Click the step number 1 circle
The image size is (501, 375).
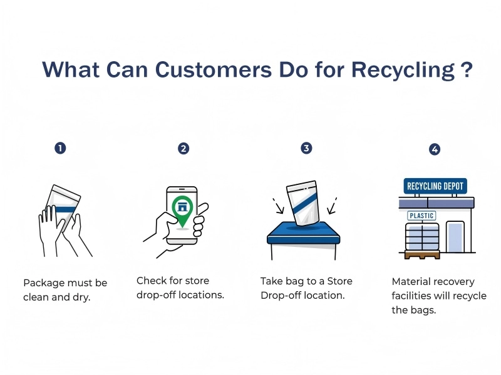click(60, 148)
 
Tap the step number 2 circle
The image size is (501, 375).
click(183, 148)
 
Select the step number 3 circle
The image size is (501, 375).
click(306, 148)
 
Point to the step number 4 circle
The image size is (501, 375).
click(435, 149)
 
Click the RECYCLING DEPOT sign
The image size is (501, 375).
click(436, 186)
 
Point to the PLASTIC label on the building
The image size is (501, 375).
click(421, 216)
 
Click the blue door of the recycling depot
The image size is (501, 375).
click(455, 237)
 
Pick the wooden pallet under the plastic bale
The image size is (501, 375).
click(421, 254)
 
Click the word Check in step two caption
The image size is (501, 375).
click(151, 281)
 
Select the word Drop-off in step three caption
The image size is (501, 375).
click(280, 295)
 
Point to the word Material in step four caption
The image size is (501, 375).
click(411, 282)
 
